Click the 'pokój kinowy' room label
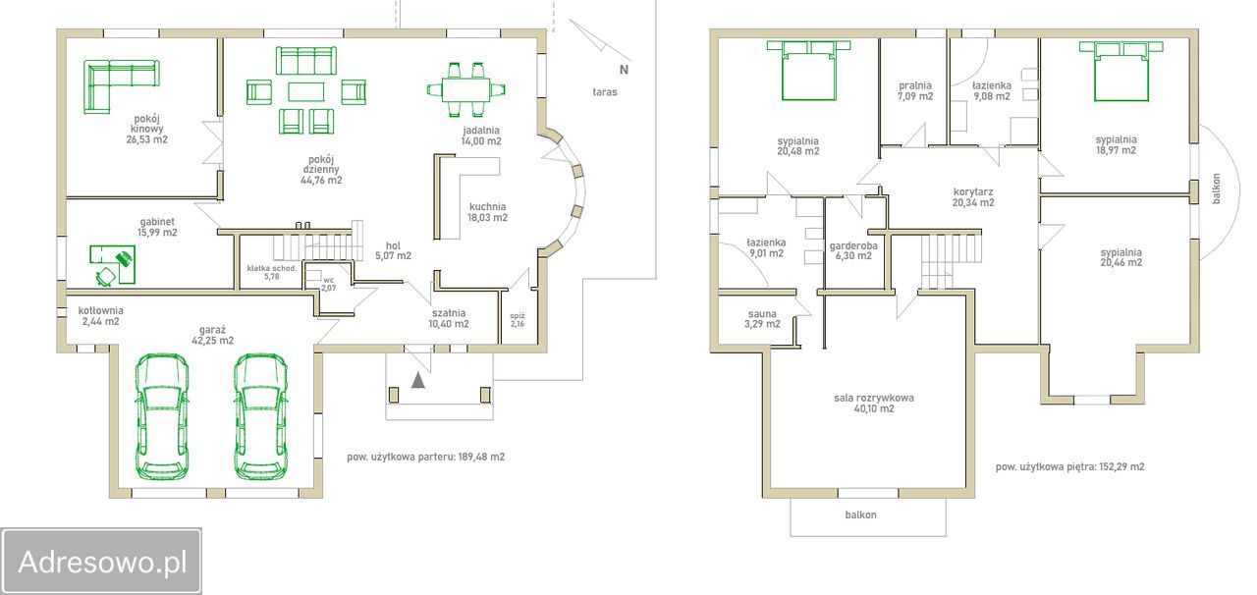pyautogui.click(x=146, y=129)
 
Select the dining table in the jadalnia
pyautogui.click(x=465, y=89)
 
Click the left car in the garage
pyautogui.click(x=162, y=416)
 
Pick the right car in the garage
pyautogui.click(x=261, y=416)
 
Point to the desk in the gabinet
pyautogui.click(x=113, y=263)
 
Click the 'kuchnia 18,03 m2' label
pyautogui.click(x=488, y=212)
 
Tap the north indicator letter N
pyautogui.click(x=624, y=70)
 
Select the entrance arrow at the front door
pyautogui.click(x=417, y=380)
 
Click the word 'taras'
pyautogui.click(x=605, y=92)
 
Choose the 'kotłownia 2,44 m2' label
pyautogui.click(x=100, y=316)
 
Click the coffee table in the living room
pyautogui.click(x=305, y=91)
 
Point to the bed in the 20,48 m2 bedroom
pyautogui.click(x=808, y=70)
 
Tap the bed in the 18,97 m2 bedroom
pyautogui.click(x=1121, y=72)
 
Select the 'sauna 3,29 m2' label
pyautogui.click(x=762, y=319)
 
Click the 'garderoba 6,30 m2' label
pyautogui.click(x=853, y=251)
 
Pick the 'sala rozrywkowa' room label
pyautogui.click(x=874, y=398)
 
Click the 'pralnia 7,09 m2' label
pyautogui.click(x=915, y=91)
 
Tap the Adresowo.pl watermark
pyautogui.click(x=101, y=562)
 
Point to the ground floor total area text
pyautogui.click(x=426, y=457)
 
